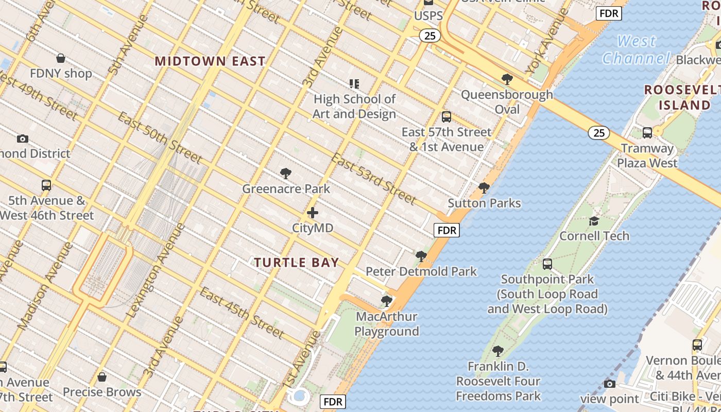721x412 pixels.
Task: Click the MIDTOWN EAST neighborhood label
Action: point(210,61)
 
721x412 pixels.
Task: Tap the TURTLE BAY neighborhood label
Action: point(297,263)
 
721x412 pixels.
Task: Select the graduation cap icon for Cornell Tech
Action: point(594,221)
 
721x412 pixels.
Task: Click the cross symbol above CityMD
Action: point(313,213)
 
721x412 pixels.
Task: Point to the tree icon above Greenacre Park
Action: point(286,174)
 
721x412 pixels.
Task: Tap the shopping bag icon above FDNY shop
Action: point(61,58)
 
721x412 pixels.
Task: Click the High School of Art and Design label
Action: point(354,106)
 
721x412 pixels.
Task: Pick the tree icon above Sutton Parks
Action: point(484,188)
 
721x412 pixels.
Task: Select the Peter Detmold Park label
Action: point(421,271)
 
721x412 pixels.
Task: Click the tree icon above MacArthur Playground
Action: point(387,301)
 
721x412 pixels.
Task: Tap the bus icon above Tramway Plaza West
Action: point(647,133)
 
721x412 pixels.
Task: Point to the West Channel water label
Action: point(637,49)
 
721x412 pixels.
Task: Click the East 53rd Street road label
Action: point(373,178)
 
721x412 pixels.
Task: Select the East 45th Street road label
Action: point(242,313)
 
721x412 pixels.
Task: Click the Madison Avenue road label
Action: point(45,286)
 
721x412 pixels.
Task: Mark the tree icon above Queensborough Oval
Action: point(507,79)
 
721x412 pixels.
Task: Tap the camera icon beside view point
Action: point(609,384)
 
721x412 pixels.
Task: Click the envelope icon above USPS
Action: point(428,3)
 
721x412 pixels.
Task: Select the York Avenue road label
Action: point(548,41)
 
